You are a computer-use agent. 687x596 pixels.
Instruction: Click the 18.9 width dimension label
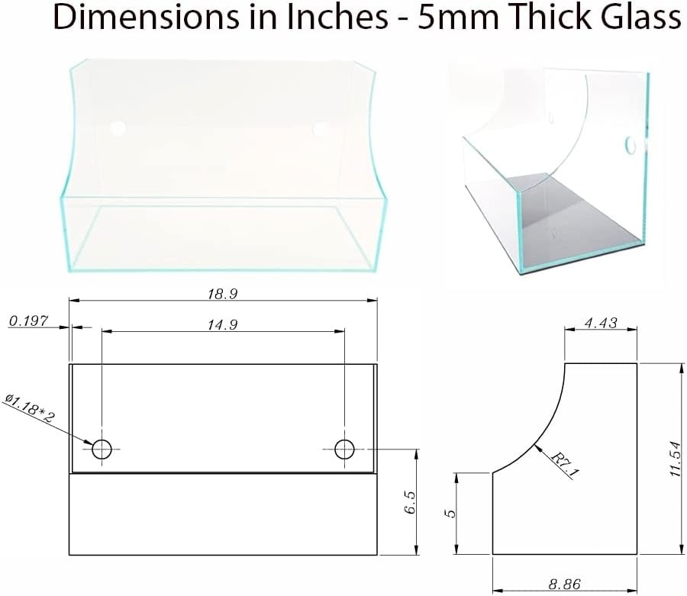(x=223, y=294)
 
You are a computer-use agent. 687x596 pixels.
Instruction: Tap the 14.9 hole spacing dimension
(x=223, y=325)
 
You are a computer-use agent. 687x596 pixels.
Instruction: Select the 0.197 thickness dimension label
(x=28, y=321)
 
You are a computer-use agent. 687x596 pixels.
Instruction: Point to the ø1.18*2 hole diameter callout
(x=29, y=408)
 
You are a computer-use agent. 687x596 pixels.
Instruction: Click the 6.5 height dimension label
(x=411, y=502)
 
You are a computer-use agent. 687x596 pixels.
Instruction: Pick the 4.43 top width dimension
(x=601, y=323)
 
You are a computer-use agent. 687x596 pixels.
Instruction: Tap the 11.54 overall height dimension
(x=676, y=459)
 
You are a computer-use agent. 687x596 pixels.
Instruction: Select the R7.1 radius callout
(x=565, y=465)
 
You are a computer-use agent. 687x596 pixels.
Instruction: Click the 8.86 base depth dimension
(x=565, y=585)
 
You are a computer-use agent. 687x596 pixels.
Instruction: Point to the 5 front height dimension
(x=450, y=514)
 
